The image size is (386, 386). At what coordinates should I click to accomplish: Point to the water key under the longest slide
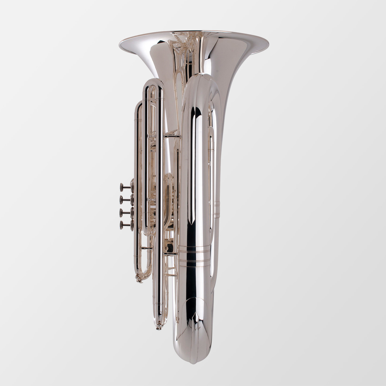[159, 327]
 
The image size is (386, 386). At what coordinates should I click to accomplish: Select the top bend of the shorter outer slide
[140, 103]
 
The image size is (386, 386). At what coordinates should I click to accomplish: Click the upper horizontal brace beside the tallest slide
[171, 136]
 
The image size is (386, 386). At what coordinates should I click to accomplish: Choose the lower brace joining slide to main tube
[170, 253]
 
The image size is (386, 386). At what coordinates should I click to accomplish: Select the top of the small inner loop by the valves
[169, 176]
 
